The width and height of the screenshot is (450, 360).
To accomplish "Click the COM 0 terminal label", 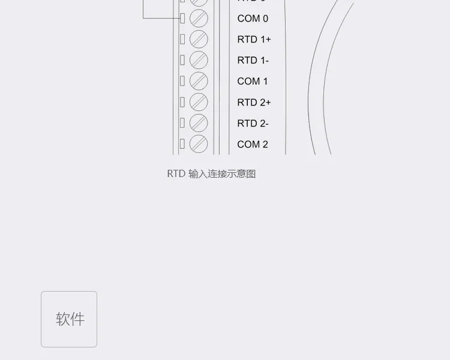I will (x=253, y=19).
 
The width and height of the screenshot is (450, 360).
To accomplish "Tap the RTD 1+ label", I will (x=254, y=40).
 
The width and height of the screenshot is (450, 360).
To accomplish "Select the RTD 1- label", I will (x=253, y=61).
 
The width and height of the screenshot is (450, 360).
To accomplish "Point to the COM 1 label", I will (x=253, y=82).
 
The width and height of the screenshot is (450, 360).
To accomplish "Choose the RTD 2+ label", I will (x=254, y=103).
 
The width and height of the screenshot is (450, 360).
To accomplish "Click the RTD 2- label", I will (x=253, y=124).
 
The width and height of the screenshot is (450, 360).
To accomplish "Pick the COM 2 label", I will (x=253, y=145).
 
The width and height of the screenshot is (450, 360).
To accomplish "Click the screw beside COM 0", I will (x=199, y=19).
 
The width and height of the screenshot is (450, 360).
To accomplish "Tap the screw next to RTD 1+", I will (x=199, y=40).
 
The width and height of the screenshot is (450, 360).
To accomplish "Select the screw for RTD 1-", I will (x=199, y=60).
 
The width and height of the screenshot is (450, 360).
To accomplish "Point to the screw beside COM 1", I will (x=199, y=81).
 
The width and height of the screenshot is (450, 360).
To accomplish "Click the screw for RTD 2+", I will (x=199, y=102).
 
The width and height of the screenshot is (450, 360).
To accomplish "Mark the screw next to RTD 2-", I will (x=199, y=123).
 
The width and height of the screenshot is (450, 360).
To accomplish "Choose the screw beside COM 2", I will (x=199, y=144).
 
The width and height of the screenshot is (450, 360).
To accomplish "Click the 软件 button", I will (x=69, y=319).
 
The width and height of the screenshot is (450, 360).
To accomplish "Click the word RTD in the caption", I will (x=176, y=174).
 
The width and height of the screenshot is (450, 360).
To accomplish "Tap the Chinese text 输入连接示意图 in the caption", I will (x=222, y=174).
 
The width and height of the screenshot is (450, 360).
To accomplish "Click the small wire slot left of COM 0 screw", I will (x=182, y=19).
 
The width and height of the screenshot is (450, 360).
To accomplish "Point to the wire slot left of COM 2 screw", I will (x=182, y=144).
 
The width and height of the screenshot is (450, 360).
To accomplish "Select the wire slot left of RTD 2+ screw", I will (x=182, y=102).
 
